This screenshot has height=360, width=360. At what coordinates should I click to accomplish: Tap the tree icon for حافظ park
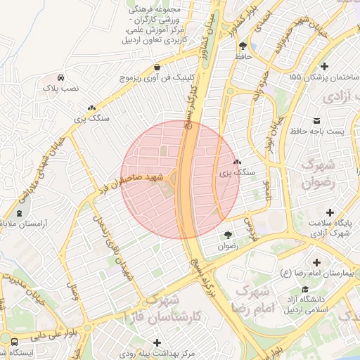coord(243,44)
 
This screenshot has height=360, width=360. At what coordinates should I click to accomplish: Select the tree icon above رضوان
coord(227,236)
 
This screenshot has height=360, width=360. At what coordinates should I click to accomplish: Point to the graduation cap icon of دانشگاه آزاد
coord(306,290)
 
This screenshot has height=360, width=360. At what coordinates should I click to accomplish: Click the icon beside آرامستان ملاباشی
coord(19,212)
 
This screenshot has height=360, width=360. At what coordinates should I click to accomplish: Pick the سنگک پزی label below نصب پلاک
coord(92,118)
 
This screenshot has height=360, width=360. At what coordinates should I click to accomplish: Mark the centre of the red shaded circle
coord(180,179)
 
